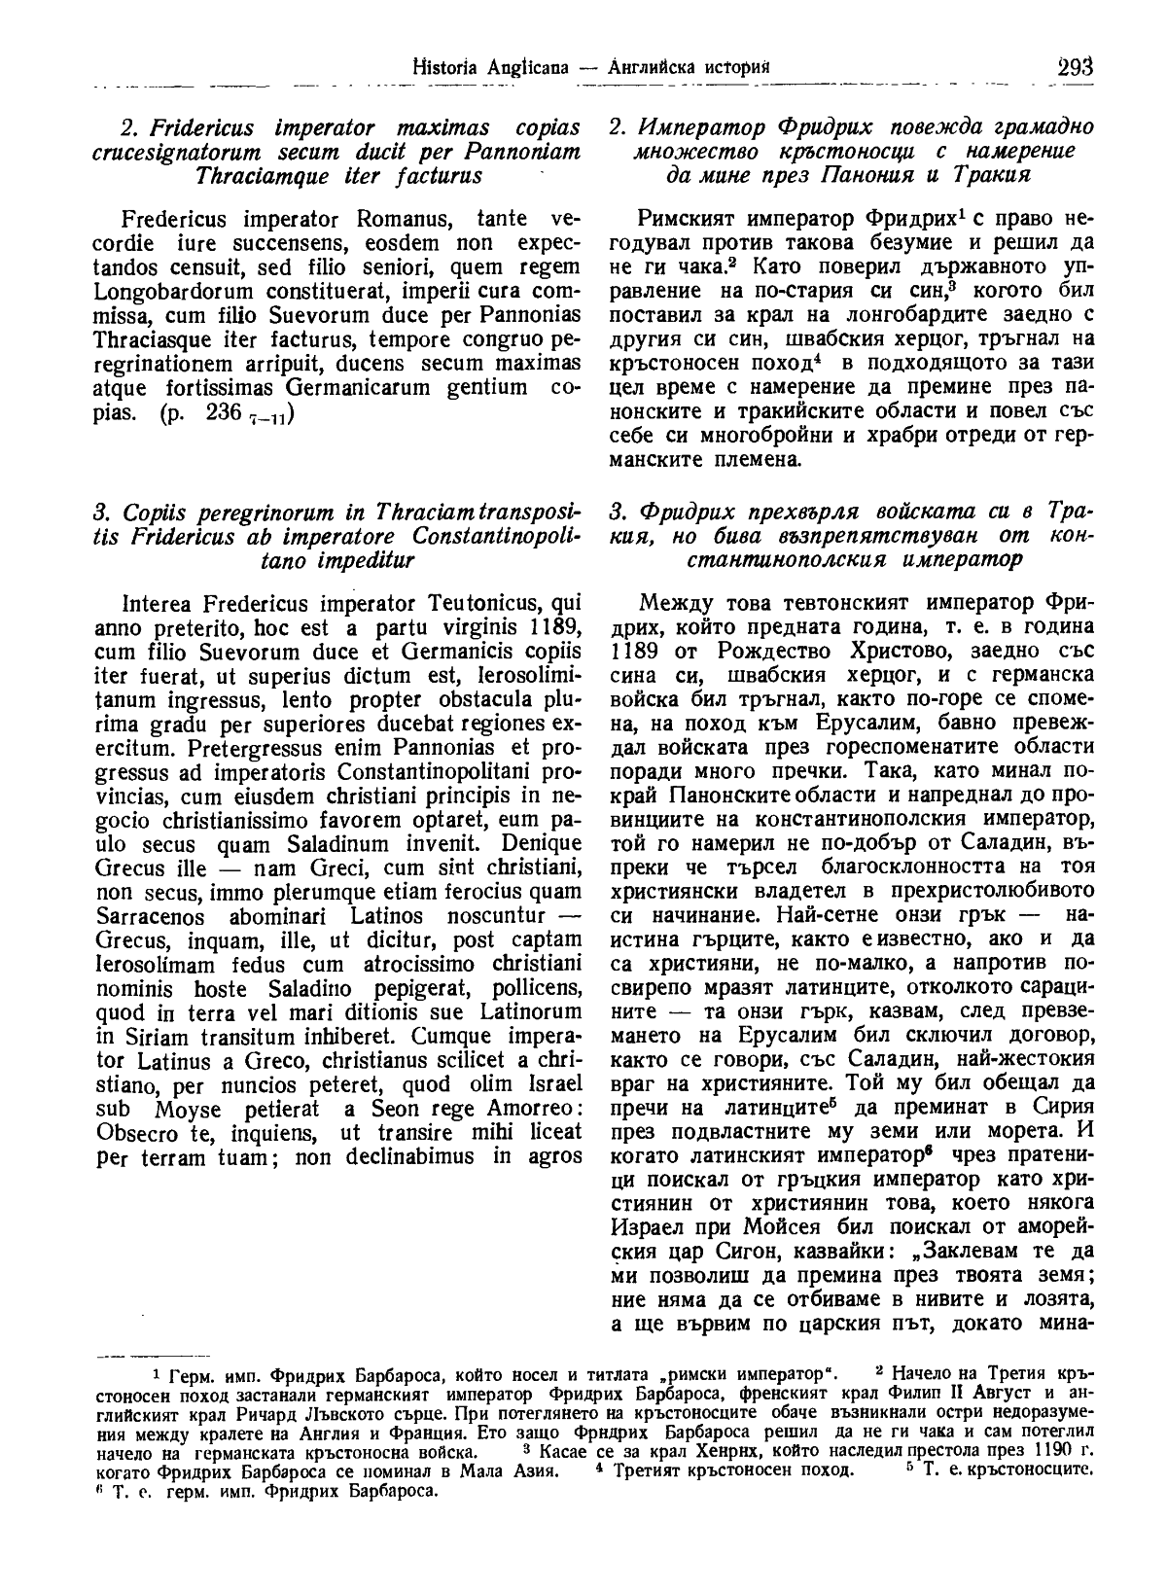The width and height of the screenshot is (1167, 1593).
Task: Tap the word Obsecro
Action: click(x=133, y=1134)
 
